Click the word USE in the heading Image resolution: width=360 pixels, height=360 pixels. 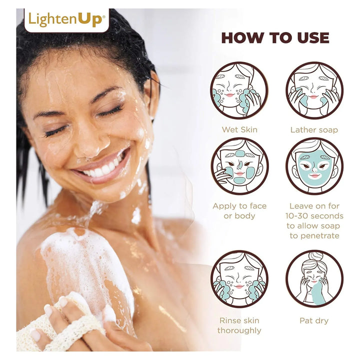(x=313, y=38)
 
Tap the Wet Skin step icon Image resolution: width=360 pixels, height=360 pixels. (x=239, y=90)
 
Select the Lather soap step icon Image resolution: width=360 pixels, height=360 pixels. (x=314, y=90)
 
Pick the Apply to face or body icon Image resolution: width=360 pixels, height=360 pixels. (x=239, y=166)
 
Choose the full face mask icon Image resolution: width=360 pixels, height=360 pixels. (x=314, y=166)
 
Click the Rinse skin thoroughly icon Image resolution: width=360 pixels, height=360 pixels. (x=239, y=279)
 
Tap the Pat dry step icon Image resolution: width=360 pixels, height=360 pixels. (x=314, y=279)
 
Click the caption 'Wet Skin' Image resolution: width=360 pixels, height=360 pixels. (x=239, y=129)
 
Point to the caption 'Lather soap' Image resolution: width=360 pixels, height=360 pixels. (x=314, y=130)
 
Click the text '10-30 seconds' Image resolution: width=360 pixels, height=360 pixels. (x=314, y=216)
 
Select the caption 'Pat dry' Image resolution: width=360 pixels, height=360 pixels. (x=314, y=320)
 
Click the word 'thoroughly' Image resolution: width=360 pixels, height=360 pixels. (x=239, y=331)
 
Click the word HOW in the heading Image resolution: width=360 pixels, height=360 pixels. (x=242, y=38)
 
